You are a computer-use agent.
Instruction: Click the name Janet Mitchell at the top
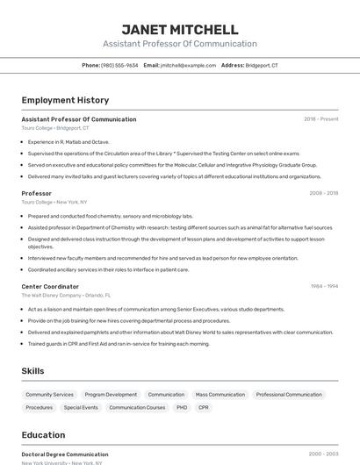(179, 29)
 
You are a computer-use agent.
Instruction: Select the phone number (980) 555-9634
(119, 65)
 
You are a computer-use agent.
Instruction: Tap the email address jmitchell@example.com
(188, 65)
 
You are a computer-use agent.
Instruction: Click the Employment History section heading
(65, 100)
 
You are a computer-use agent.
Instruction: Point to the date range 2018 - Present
(321, 119)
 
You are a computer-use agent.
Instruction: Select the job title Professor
(37, 193)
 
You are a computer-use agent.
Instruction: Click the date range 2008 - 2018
(324, 193)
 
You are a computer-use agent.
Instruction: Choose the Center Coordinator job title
(50, 286)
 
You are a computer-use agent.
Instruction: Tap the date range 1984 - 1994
(324, 286)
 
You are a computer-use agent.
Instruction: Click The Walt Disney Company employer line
(66, 296)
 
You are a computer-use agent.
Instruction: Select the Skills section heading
(33, 371)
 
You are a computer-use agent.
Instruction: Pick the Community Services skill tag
(50, 395)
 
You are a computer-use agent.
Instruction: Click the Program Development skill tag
(111, 395)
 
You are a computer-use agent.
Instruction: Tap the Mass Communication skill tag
(220, 395)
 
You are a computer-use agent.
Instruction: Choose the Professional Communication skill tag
(289, 395)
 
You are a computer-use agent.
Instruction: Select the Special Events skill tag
(81, 407)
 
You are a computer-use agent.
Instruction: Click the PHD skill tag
(182, 407)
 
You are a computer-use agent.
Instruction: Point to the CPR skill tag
(204, 407)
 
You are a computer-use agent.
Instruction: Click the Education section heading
(44, 435)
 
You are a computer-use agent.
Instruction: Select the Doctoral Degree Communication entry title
(65, 454)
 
